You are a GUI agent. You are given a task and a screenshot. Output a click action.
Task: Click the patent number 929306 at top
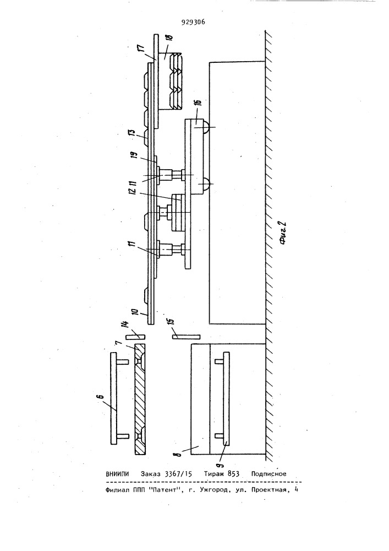(193, 23)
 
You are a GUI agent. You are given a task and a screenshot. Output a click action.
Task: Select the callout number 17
(149, 45)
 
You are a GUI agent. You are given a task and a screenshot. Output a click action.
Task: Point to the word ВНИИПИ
(117, 474)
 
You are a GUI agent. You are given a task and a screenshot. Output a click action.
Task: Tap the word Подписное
(269, 474)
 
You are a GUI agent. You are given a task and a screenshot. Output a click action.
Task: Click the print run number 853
(234, 474)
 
